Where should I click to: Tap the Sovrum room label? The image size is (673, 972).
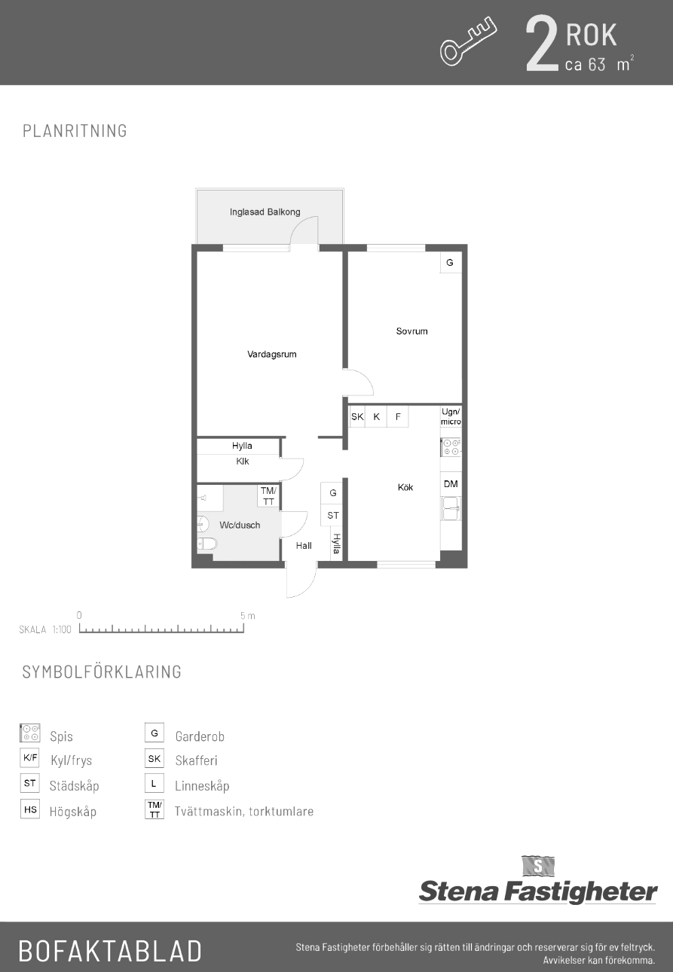[411, 331]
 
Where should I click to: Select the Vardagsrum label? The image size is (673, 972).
[272, 354]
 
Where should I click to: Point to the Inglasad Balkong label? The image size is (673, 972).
[265, 212]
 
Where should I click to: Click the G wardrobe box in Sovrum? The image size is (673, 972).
[450, 262]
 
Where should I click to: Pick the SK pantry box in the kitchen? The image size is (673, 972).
[357, 417]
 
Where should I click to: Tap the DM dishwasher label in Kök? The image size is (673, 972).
[451, 484]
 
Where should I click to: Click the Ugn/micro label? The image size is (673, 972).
[451, 416]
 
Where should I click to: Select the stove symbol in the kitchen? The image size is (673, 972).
[451, 447]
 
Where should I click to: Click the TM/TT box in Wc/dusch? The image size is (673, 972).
[268, 495]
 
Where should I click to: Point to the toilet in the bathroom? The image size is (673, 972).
[206, 544]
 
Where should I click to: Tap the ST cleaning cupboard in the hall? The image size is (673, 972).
[333, 516]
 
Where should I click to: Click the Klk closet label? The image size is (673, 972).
[243, 462]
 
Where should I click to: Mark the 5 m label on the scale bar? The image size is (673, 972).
[248, 616]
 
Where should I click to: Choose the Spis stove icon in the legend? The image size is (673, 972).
[30, 733]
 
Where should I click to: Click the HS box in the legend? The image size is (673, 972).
[30, 809]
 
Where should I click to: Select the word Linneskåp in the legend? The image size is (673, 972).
[202, 786]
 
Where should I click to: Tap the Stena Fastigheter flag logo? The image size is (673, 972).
[538, 866]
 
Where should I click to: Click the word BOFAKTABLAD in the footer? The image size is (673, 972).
[110, 950]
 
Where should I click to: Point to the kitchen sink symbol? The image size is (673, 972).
[451, 508]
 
